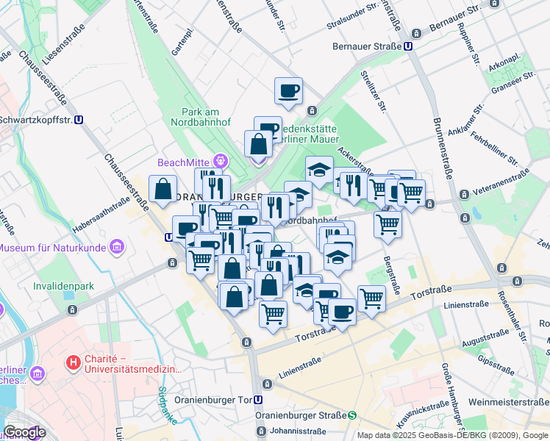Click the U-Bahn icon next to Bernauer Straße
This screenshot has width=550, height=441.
[x=408, y=46]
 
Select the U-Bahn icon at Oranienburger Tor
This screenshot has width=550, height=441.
[x=258, y=401]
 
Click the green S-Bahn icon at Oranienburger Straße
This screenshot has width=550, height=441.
[x=352, y=415]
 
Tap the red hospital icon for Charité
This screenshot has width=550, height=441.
[x=73, y=362]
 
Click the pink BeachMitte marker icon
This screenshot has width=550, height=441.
[x=219, y=161]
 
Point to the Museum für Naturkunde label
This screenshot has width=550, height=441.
[x=54, y=248]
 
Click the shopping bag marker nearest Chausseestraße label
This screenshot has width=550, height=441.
[x=162, y=189]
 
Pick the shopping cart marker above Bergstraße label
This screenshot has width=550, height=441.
[x=387, y=223]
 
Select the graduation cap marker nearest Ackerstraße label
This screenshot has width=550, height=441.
[x=319, y=169]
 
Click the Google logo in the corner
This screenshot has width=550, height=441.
[x=24, y=432]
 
